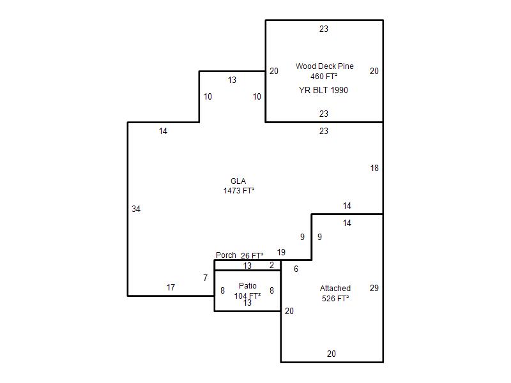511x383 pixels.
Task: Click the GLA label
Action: pos(238,181)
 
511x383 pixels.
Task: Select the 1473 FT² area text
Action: pos(238,190)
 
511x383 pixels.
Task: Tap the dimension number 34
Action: pos(136,209)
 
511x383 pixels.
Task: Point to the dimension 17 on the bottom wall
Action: pos(171,287)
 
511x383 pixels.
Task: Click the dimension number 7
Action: pos(205,278)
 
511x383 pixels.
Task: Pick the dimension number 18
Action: pos(374,168)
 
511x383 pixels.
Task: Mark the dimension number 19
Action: pos(281,252)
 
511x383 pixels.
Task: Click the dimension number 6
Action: pos(296,269)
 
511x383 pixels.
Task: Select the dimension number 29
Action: pos(374,288)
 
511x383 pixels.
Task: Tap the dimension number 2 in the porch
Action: pos(272,265)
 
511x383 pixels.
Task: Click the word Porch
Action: pos(226,255)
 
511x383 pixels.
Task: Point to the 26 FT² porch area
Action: pos(252,256)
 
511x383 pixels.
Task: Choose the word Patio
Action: pos(248,285)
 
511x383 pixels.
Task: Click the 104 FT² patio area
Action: pos(247,296)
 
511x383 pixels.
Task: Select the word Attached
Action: pos(335,289)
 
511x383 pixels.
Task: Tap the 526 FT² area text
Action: pos(335,298)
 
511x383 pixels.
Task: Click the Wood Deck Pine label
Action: pos(324,66)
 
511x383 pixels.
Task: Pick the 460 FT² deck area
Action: pos(324,76)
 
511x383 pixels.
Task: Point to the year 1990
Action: pos(339,90)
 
